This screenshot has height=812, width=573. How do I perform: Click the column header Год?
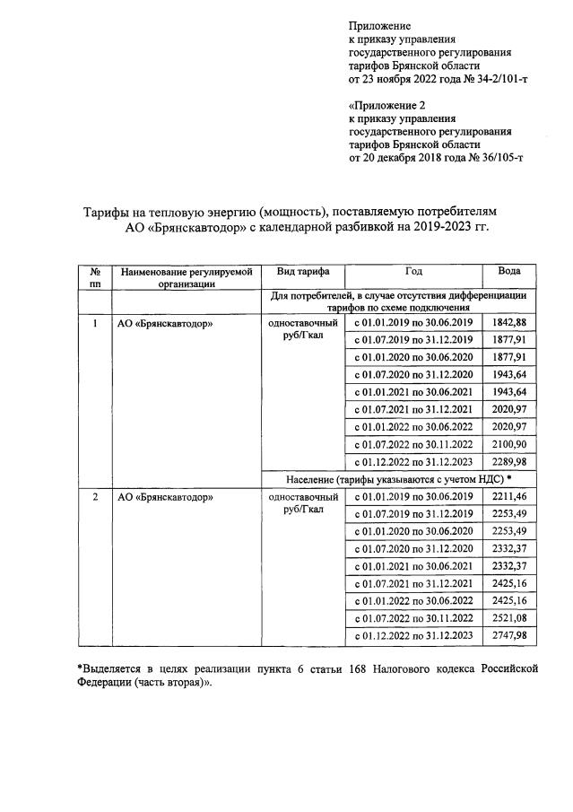(x=413, y=271)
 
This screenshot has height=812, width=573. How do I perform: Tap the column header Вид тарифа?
(x=303, y=271)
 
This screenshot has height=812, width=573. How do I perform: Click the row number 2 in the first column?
(x=95, y=496)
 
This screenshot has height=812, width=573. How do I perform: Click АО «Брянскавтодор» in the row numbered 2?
(x=166, y=496)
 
